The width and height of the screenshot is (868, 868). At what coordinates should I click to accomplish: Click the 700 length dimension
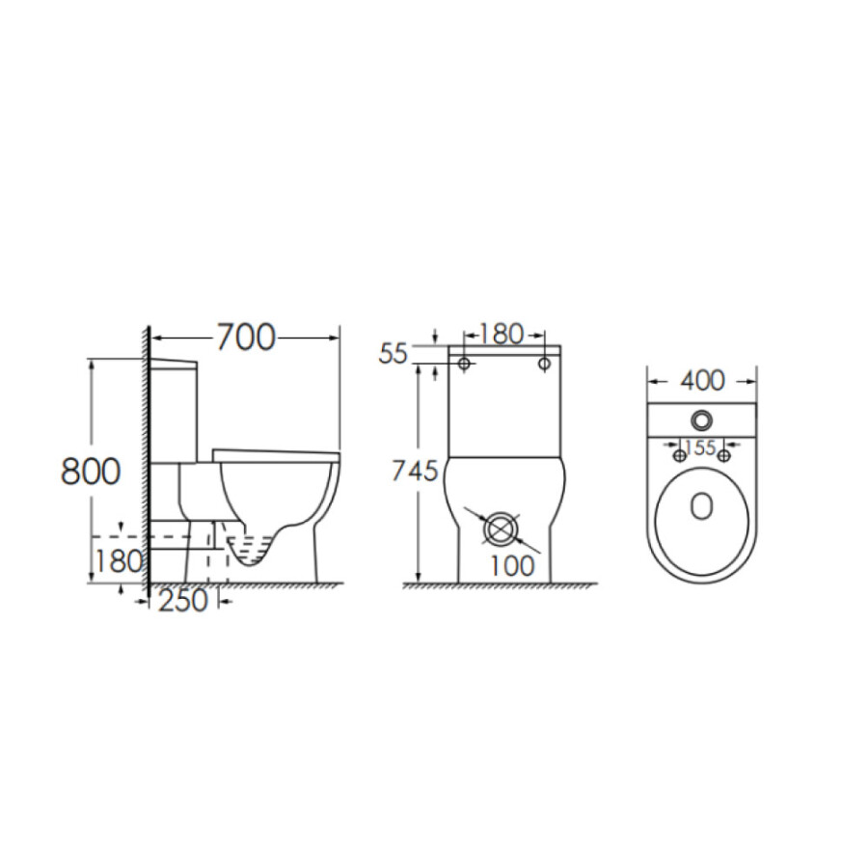coord(246,338)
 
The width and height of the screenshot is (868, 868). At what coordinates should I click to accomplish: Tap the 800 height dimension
coord(91,472)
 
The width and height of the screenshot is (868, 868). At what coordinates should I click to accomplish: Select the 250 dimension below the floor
coord(183,601)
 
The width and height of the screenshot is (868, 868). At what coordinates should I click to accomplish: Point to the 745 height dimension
coord(415,471)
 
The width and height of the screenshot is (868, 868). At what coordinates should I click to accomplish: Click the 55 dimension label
coord(393,354)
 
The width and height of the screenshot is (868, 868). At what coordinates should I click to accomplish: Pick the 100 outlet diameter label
coord(512,565)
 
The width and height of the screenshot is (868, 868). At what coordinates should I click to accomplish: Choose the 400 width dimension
coord(702,381)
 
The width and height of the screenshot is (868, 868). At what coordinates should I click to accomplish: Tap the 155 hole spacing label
coord(701,447)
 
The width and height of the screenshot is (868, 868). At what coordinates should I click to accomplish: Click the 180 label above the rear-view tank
coord(501,335)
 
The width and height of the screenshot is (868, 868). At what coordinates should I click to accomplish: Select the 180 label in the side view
coord(119,561)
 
